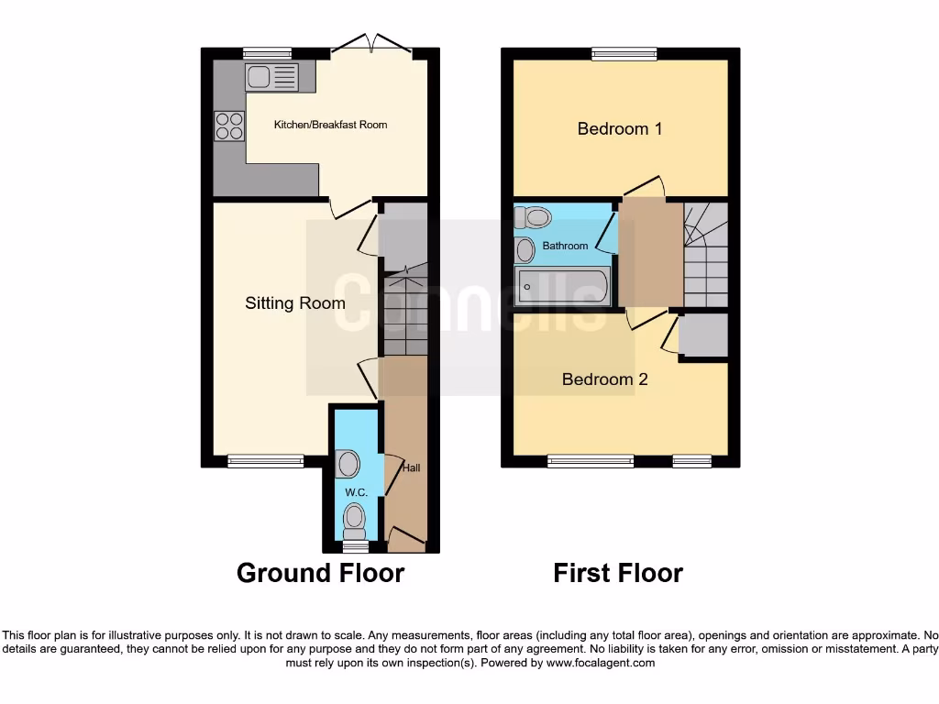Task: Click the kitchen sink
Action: click(x=271, y=77)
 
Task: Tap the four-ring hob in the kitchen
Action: click(x=228, y=126)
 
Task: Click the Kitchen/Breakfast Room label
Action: click(x=330, y=125)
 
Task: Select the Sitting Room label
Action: click(x=295, y=302)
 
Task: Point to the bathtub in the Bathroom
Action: click(x=562, y=287)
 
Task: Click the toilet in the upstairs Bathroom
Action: click(x=533, y=218)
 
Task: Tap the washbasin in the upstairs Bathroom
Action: click(x=525, y=249)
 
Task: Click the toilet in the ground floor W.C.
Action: click(x=353, y=523)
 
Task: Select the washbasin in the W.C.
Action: click(x=348, y=464)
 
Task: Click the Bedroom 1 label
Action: click(x=620, y=128)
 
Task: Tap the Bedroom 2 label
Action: click(x=604, y=379)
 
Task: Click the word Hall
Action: click(x=412, y=468)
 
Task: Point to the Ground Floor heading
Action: click(x=320, y=573)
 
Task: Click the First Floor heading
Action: click(x=618, y=573)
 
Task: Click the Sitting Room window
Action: click(x=266, y=461)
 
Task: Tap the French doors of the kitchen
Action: click(x=371, y=46)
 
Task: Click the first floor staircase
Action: click(x=705, y=257)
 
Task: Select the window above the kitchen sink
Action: click(x=267, y=54)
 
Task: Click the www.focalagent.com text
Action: click(x=602, y=663)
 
